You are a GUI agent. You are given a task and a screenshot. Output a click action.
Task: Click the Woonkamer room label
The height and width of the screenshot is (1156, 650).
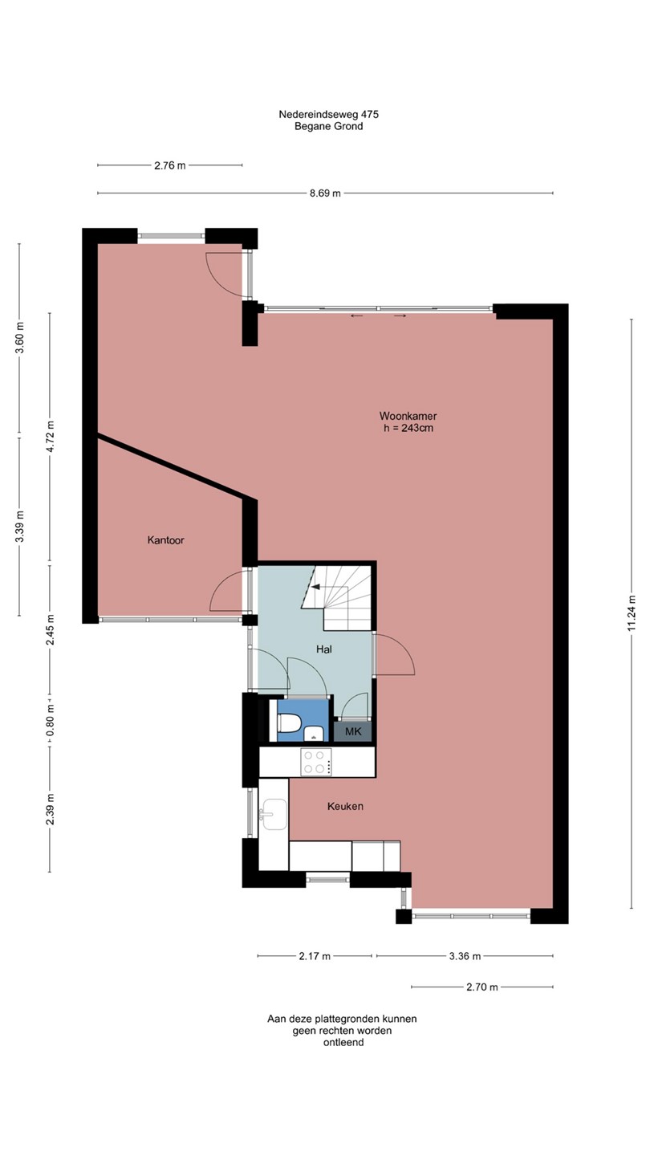click(x=408, y=416)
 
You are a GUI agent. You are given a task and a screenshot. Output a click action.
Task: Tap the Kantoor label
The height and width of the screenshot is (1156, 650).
click(x=165, y=540)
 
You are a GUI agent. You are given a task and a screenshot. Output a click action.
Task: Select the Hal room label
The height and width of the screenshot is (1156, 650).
click(x=324, y=649)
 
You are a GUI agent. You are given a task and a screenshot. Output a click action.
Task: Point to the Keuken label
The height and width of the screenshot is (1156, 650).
click(x=345, y=806)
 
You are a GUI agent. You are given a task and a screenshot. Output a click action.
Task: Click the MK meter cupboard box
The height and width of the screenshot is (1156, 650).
click(x=353, y=731)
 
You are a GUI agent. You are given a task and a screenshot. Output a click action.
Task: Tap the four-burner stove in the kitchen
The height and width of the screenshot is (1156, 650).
click(x=316, y=763)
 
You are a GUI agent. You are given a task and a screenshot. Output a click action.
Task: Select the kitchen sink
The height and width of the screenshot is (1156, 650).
click(x=274, y=814)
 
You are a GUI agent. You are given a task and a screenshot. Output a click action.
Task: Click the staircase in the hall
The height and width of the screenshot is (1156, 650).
click(x=337, y=597)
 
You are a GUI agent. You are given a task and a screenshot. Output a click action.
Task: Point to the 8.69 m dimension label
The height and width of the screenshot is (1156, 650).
click(x=325, y=193)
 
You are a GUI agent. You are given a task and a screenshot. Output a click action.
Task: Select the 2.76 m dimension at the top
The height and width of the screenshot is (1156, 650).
click(x=170, y=165)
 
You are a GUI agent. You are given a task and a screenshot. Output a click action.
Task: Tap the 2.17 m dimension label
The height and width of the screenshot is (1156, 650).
click(x=315, y=956)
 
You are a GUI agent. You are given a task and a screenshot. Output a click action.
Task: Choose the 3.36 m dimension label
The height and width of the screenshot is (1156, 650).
click(x=465, y=956)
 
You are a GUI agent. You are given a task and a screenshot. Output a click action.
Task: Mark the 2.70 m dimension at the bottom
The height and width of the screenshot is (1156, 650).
click(x=482, y=987)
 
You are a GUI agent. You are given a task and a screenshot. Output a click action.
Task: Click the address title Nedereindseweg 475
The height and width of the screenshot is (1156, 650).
click(x=329, y=114)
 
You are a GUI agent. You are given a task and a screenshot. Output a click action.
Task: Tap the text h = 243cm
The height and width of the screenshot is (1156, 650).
click(x=408, y=428)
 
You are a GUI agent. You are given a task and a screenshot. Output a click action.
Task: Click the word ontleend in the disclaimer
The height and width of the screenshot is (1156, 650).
click(x=343, y=1043)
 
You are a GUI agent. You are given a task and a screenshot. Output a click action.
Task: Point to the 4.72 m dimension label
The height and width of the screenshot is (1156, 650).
click(x=50, y=437)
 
